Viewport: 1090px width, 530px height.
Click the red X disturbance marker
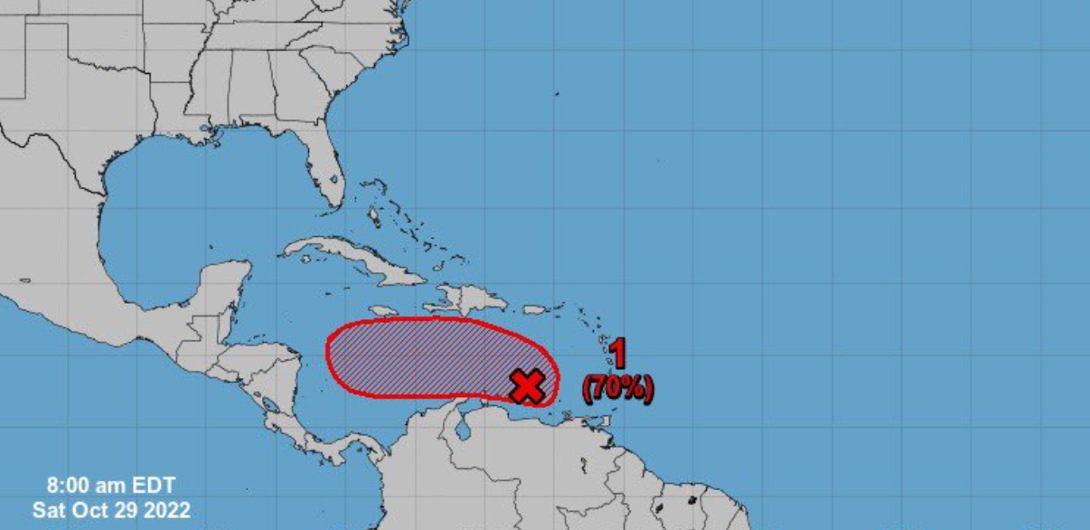click(x=527, y=386)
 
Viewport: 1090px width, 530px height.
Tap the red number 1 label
click(x=618, y=355)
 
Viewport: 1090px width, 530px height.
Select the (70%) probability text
click(x=618, y=389)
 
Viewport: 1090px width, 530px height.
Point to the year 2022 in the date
click(x=167, y=511)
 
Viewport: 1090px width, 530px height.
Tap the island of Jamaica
click(x=384, y=286)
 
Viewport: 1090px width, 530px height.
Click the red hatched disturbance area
click(x=416, y=357)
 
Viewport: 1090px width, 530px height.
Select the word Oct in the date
click(x=102, y=511)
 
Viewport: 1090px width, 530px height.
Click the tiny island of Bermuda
click(x=557, y=93)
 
